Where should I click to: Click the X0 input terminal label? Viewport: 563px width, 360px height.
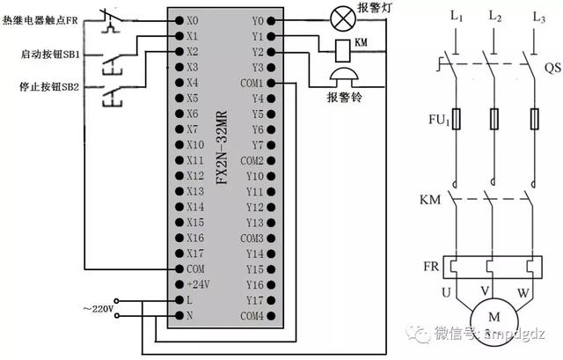click(x=193, y=19)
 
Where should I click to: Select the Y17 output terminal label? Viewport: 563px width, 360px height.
click(x=255, y=300)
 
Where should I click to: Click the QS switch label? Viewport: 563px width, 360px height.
click(x=552, y=67)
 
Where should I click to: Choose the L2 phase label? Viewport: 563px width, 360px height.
click(x=494, y=18)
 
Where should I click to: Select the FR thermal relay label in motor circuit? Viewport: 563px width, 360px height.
click(x=430, y=266)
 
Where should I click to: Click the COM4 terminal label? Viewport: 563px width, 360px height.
click(x=252, y=315)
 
